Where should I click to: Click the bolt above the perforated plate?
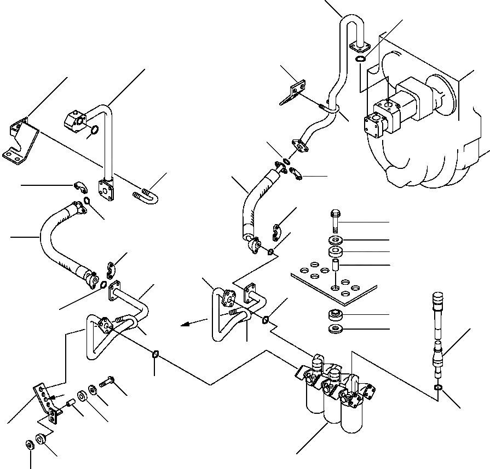[x=335, y=220]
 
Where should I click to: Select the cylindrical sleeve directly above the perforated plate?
[x=335, y=268]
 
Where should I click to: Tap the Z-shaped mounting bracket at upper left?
[x=19, y=141]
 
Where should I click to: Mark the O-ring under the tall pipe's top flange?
[x=361, y=58]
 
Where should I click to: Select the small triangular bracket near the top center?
[x=295, y=93]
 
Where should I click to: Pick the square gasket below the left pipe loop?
[x=155, y=355]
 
